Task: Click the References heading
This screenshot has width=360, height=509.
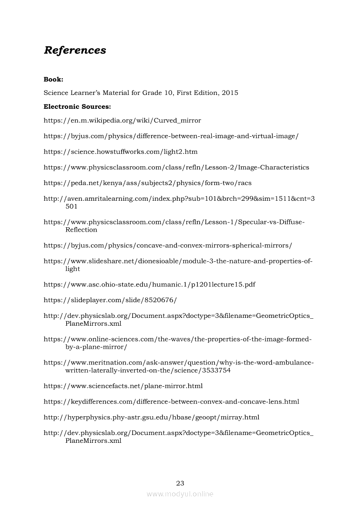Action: pos(75,50)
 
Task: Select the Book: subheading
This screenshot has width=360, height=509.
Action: pos(54,79)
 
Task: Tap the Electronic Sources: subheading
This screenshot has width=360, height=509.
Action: pos(77,106)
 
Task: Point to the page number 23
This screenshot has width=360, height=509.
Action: pos(180,483)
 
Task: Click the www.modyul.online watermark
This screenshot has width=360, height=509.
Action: pos(180,494)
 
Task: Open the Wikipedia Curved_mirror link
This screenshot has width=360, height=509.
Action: pos(122,120)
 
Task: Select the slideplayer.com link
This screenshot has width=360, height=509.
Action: pos(110,300)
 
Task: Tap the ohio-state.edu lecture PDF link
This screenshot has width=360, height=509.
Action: pos(149,284)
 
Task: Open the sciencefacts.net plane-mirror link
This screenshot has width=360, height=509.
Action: pos(123,386)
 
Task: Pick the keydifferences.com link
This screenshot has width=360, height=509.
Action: pos(171,401)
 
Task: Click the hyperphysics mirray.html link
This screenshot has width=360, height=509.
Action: pos(151,417)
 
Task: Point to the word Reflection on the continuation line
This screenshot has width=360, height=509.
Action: pos(82,229)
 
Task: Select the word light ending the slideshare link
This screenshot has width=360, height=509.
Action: pos(73,269)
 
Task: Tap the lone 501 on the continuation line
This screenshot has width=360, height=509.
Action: pos(71,206)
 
